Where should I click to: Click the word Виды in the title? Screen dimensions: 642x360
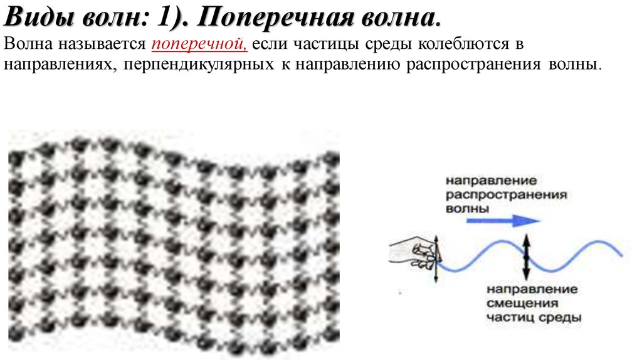[39, 17]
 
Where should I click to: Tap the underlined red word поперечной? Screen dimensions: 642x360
[199, 43]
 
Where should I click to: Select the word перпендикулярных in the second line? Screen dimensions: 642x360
[199, 65]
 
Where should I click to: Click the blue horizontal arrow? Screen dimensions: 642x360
[503, 221]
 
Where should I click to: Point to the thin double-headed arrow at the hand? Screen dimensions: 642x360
[436, 259]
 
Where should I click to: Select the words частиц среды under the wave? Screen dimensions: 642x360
[534, 317]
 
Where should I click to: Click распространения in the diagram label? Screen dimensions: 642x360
[506, 194]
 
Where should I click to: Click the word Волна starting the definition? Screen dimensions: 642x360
[28, 43]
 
